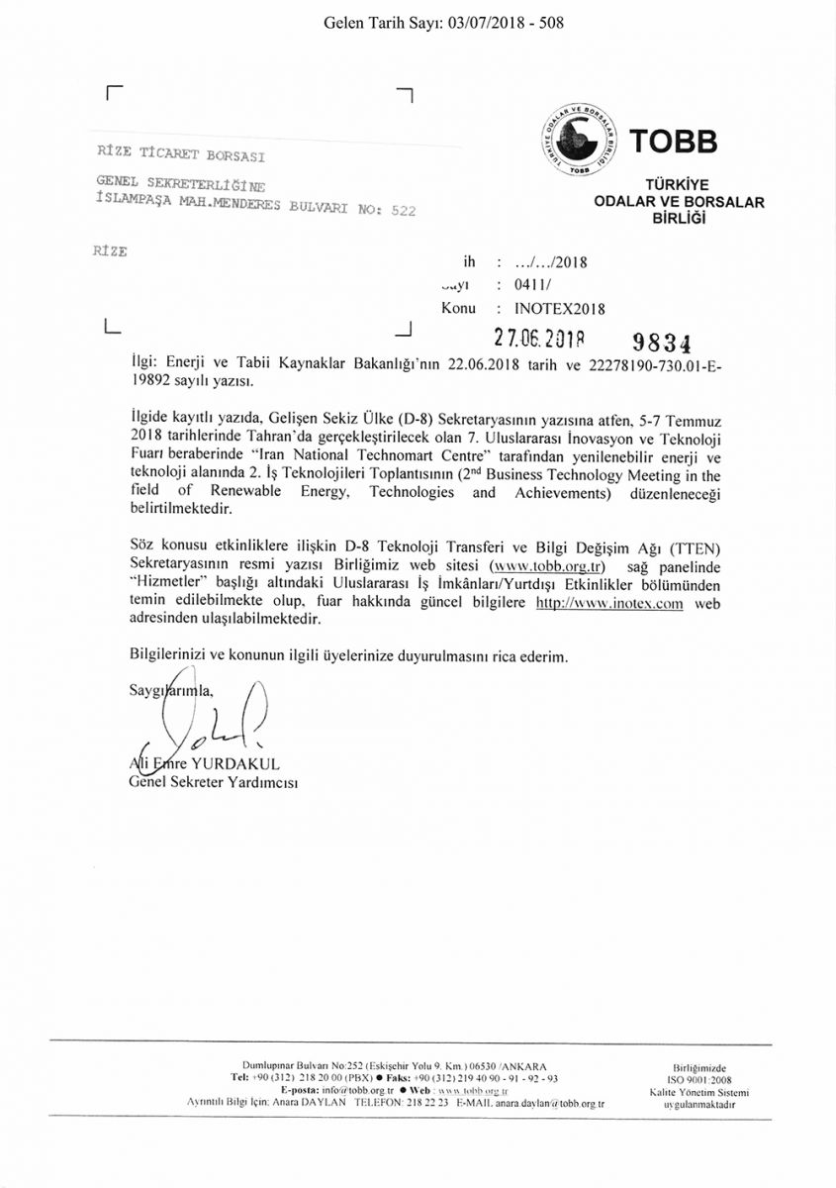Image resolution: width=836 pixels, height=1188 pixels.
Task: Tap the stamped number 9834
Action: click(x=660, y=342)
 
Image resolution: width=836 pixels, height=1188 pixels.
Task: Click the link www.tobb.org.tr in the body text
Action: click(x=555, y=567)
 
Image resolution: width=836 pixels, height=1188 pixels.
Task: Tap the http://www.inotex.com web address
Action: click(x=609, y=603)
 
